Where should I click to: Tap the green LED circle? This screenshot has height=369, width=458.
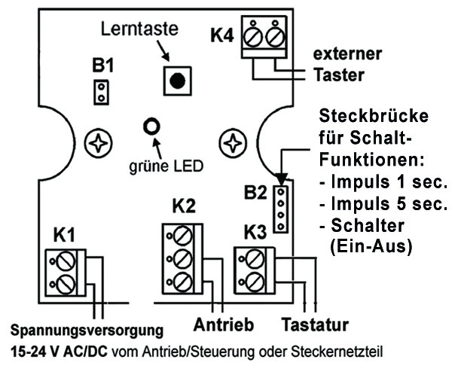click(153, 127)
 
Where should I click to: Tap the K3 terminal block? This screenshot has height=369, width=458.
click(255, 270)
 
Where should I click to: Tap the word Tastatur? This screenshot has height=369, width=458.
click(313, 325)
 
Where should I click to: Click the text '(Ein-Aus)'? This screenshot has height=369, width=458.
click(371, 246)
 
